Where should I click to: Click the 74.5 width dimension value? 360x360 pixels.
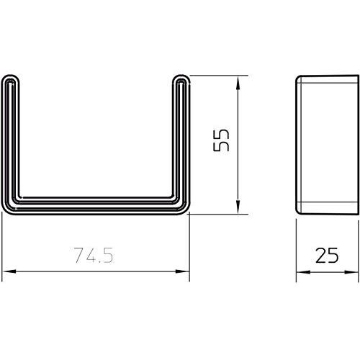(95, 255)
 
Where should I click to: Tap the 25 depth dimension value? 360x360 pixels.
(327, 255)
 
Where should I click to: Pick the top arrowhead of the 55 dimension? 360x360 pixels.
(238, 78)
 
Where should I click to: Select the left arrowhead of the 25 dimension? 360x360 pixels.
(300, 273)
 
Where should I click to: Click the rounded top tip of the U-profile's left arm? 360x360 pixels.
(10, 76)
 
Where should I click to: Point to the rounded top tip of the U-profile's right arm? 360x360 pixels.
(180, 76)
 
